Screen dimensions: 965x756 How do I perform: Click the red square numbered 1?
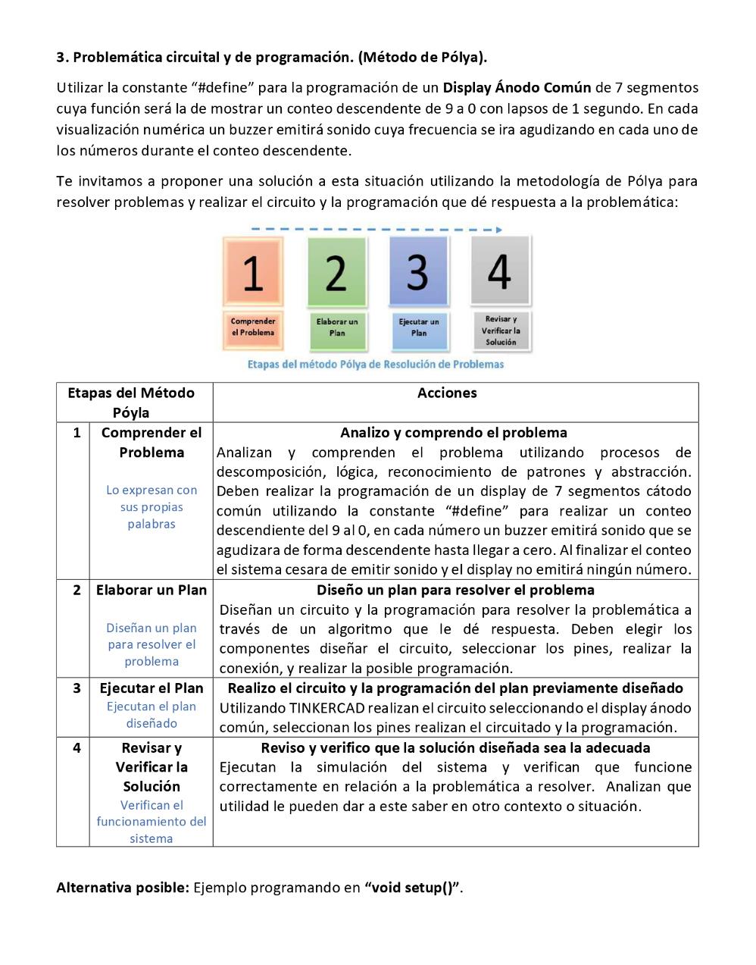tap(253, 272)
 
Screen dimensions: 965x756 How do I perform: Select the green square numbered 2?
tap(336, 272)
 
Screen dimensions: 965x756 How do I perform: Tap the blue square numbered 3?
tap(418, 271)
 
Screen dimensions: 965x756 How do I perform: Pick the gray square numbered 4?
tap(500, 271)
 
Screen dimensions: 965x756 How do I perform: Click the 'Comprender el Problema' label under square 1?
tap(253, 327)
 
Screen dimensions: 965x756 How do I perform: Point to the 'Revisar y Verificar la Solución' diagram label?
tap(501, 331)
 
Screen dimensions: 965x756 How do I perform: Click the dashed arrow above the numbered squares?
tap(376, 229)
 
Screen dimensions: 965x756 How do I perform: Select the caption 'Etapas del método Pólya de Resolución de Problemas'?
tap(376, 365)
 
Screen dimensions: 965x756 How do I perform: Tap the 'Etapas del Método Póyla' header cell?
tap(131, 403)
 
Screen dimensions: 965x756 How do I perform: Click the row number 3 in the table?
tap(77, 688)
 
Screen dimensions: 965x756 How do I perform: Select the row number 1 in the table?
tap(77, 433)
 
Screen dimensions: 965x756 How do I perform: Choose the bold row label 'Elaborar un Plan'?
tap(152, 590)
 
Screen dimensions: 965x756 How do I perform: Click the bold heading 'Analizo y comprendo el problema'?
tap(454, 433)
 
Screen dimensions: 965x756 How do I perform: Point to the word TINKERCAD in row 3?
tap(327, 708)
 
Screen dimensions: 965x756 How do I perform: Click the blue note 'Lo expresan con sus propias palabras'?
tap(152, 507)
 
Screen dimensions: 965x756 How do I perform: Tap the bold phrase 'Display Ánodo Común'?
tap(517, 88)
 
